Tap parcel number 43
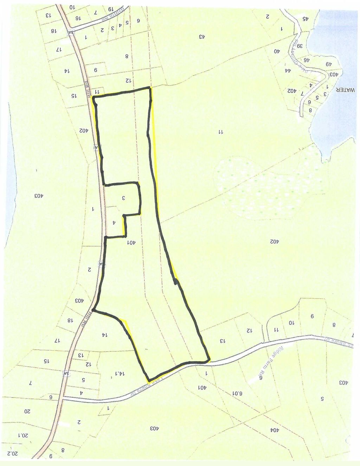click(x=202, y=37)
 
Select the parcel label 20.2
click(x=12, y=453)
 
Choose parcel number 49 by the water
click(x=328, y=64)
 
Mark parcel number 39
click(x=299, y=46)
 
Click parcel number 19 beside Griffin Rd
click(x=110, y=9)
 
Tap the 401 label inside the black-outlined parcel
click(x=131, y=242)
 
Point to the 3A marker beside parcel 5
click(x=65, y=373)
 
